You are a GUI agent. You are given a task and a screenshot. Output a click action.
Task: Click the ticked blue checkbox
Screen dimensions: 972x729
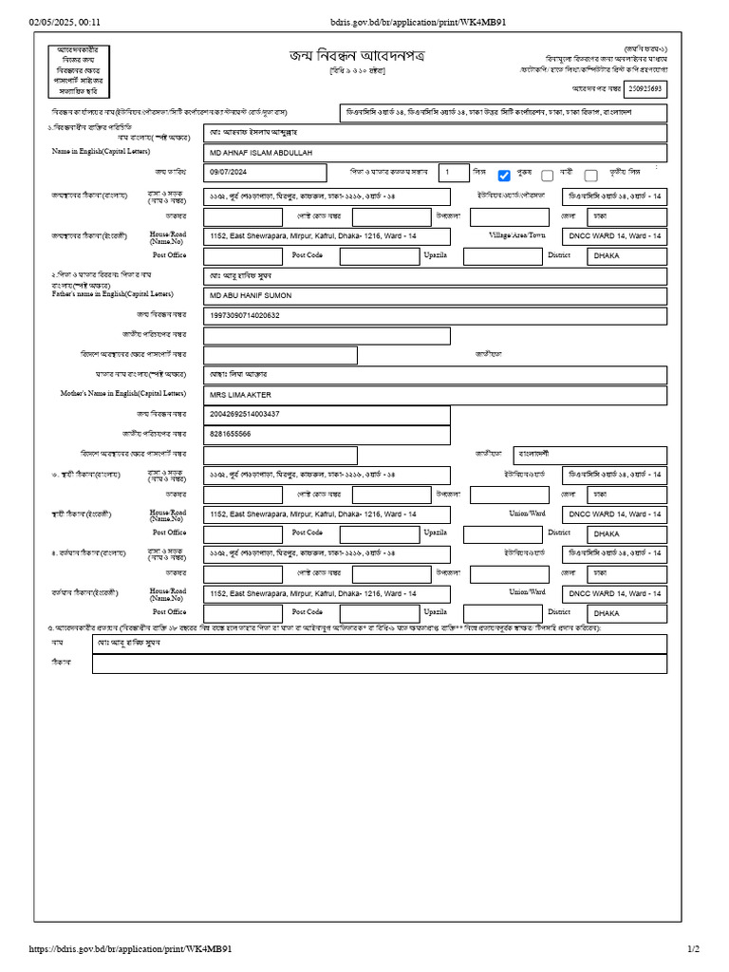[x=504, y=175]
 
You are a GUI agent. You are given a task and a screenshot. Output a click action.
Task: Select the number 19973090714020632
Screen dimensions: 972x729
[x=245, y=315]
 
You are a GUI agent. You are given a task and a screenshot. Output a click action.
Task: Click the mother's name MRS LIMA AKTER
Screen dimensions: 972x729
[x=240, y=395]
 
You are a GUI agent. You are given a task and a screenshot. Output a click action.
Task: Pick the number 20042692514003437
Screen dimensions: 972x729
[x=245, y=414]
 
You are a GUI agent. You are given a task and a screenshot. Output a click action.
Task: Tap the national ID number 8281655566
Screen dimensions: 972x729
[x=231, y=434]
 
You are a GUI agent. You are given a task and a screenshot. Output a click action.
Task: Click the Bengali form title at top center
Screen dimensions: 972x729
[x=357, y=56]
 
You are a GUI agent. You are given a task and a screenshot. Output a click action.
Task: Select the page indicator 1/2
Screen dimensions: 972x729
[x=693, y=949]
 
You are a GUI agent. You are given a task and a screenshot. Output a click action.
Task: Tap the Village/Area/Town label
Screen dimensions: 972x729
[x=517, y=234]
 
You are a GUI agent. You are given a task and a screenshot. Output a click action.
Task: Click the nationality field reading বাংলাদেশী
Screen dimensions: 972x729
[x=539, y=454]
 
